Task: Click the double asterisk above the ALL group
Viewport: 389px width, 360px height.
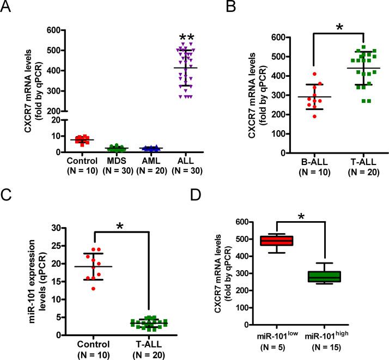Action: point(180,38)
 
